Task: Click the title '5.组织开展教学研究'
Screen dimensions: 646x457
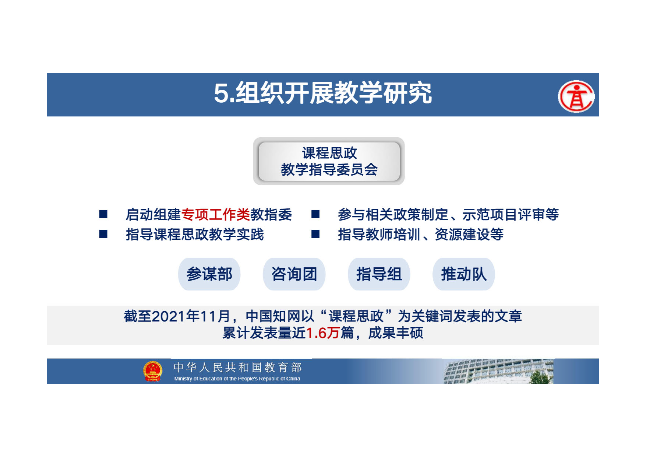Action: (323, 93)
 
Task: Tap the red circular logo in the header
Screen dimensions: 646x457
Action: (576, 96)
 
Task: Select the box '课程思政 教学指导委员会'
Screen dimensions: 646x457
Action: (329, 161)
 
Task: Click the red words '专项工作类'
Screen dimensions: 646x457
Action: (216, 214)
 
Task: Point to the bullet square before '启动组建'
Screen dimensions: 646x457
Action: (103, 214)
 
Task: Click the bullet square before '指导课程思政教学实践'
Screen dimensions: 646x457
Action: (103, 234)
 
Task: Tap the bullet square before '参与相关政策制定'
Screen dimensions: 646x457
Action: (315, 214)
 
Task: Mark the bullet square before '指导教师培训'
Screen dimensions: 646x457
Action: (315, 234)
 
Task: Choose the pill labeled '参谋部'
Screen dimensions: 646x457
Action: (209, 274)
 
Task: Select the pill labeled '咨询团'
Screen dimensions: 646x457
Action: (294, 274)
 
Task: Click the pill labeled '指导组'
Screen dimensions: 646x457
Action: (379, 274)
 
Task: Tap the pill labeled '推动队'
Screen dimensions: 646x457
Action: (464, 274)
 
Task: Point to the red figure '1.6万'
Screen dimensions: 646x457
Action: (323, 333)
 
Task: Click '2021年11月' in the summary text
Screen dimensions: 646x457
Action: (191, 316)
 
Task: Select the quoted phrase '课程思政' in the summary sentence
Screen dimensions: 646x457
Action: (356, 316)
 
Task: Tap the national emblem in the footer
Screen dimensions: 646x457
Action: (153, 371)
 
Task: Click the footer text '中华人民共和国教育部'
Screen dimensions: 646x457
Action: (237, 367)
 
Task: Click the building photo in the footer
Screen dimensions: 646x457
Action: (498, 372)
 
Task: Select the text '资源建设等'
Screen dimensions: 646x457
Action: (469, 234)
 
